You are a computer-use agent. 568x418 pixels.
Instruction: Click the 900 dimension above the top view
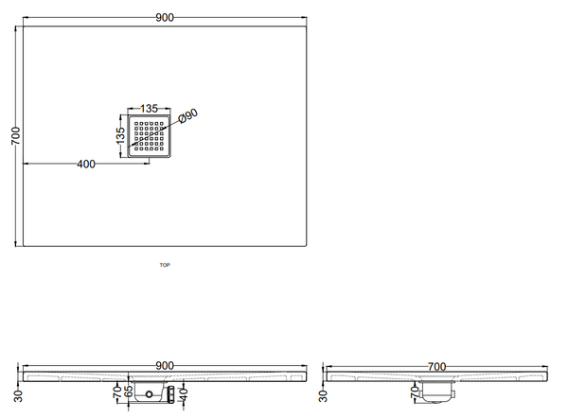click(x=165, y=17)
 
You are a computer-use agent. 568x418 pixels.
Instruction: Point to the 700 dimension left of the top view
click(x=16, y=136)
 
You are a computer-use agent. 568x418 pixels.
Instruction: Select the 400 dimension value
click(x=86, y=164)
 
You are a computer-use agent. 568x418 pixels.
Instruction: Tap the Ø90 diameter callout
click(x=188, y=115)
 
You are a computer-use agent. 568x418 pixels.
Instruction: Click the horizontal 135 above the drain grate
click(x=149, y=108)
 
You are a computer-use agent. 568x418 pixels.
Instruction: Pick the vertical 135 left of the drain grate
click(x=120, y=135)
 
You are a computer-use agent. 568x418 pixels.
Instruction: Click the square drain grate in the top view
click(x=149, y=136)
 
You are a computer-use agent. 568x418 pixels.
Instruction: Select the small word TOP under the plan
click(x=165, y=265)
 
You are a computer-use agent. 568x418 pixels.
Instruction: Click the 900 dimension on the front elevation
click(x=165, y=366)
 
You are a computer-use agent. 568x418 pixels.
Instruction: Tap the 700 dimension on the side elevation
click(x=436, y=367)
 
